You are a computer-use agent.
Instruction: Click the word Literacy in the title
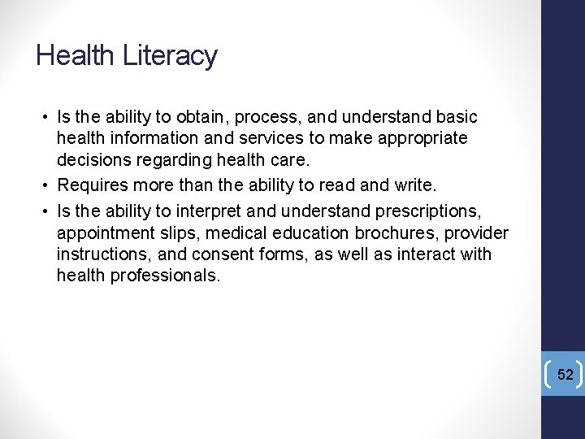click(170, 56)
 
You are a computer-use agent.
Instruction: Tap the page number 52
click(565, 374)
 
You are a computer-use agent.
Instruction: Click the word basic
click(457, 118)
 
